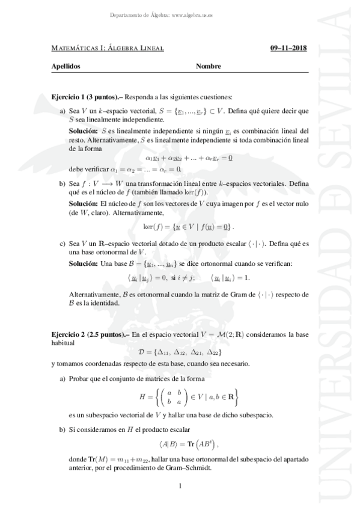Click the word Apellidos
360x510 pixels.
67,67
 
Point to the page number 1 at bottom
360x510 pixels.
180,485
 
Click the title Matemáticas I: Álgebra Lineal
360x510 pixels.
108,48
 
